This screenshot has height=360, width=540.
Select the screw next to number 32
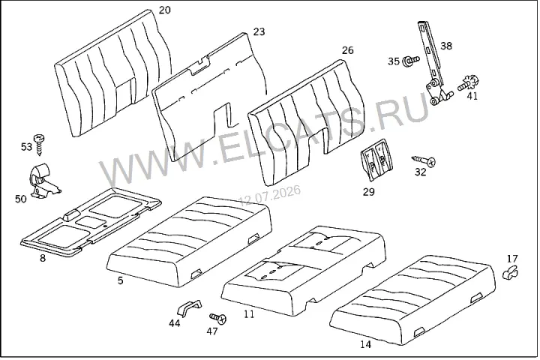coord(424,160)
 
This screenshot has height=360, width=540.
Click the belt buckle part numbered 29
coord(376,160)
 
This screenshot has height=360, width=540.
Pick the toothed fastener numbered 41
coord(469,84)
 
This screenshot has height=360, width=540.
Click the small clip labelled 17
coord(511,272)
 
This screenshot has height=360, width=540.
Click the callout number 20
coord(164,10)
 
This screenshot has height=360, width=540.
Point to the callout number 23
coord(259,31)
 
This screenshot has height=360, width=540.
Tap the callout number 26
coord(347,50)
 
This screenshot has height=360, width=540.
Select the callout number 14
coord(366,344)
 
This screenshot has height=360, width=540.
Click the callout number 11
coord(249,313)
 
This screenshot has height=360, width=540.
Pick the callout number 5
coord(120,280)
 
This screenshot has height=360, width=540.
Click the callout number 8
coord(43,258)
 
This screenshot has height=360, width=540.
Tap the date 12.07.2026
coord(270,195)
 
